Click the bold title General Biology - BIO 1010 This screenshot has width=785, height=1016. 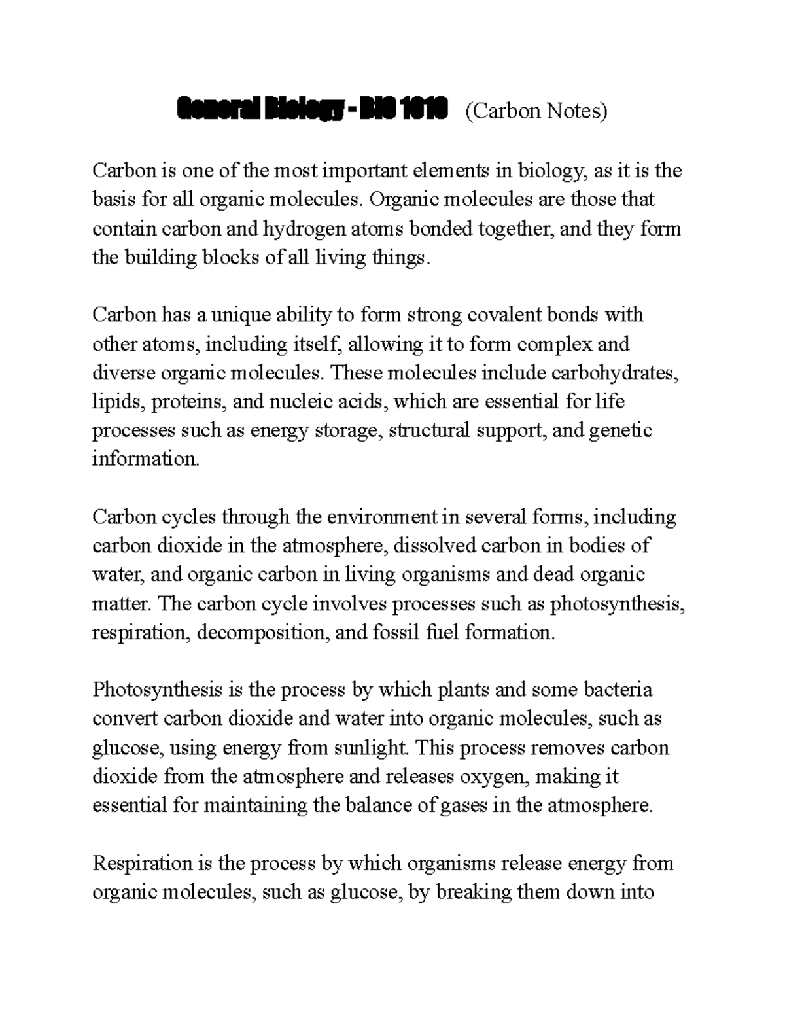[x=312, y=111]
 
